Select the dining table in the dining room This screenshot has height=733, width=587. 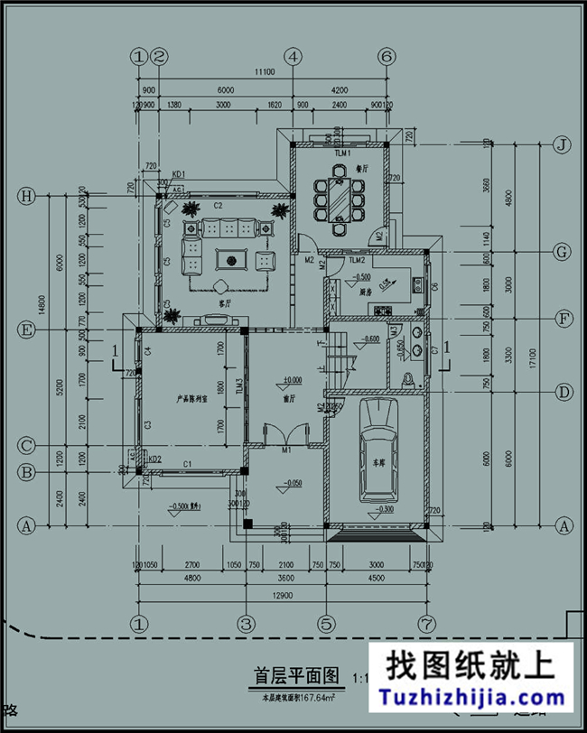coord(339,198)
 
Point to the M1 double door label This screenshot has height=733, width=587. coord(285,450)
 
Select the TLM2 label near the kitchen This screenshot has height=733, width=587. coord(355,260)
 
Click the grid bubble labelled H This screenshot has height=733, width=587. coord(27,196)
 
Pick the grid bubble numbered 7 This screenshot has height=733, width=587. coord(425,623)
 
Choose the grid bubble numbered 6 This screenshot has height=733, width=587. coord(387,56)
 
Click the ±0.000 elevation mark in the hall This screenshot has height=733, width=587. coord(292,380)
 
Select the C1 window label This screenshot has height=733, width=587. coord(189,464)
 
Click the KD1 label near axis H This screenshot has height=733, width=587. coord(178,173)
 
